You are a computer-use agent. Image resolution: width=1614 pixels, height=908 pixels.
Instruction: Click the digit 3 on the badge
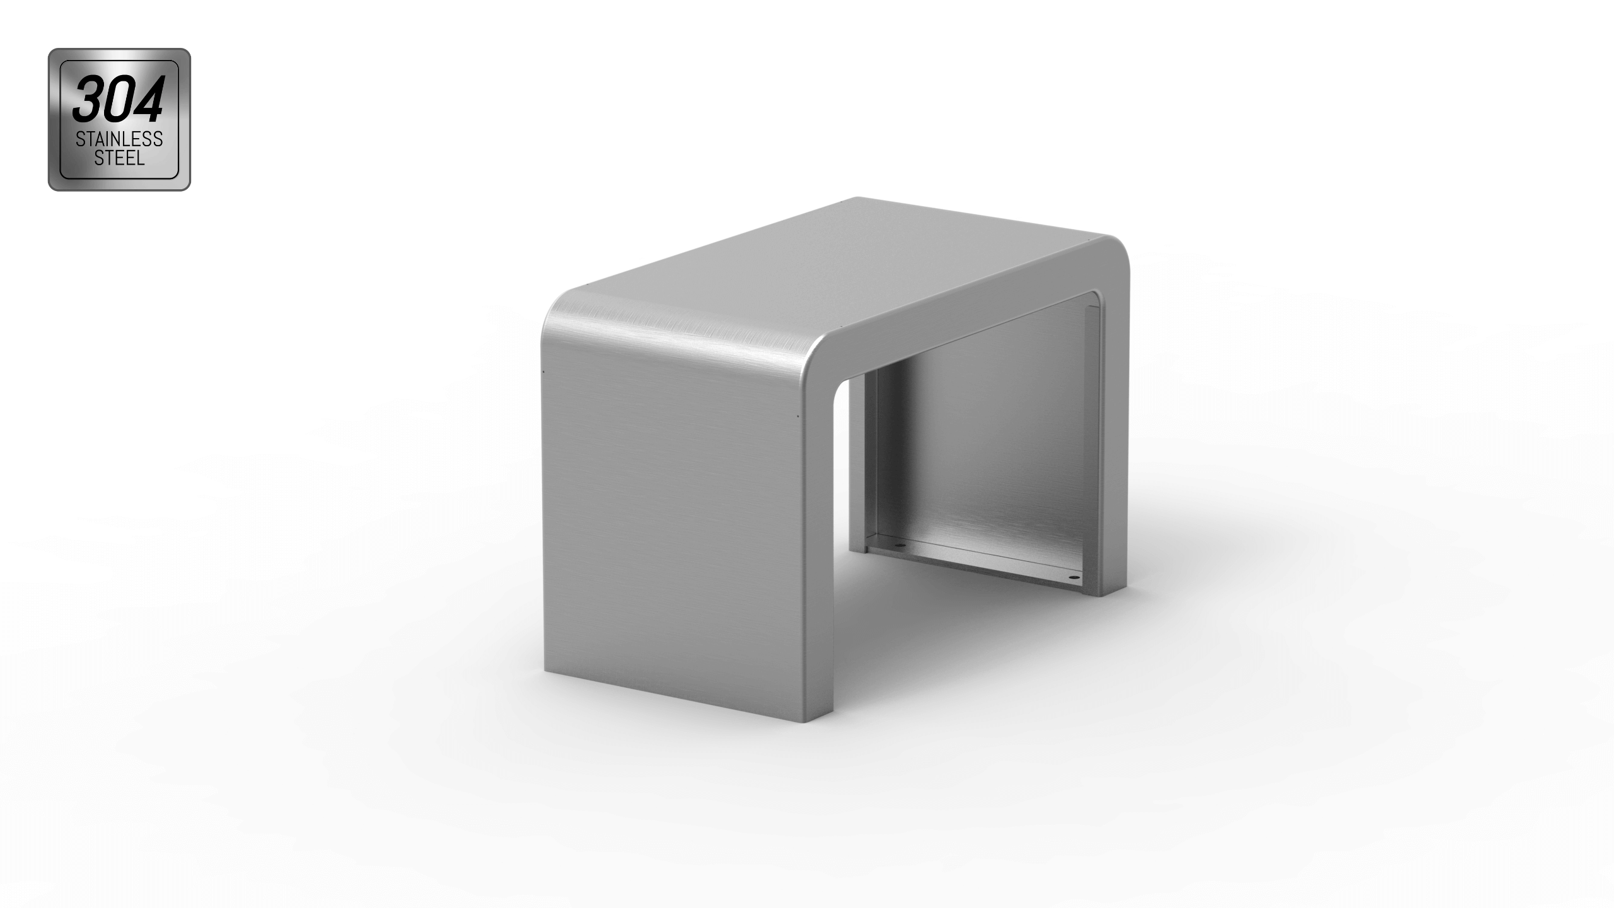[x=89, y=100]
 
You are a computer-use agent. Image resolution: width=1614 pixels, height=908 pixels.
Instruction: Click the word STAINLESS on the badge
[x=119, y=139]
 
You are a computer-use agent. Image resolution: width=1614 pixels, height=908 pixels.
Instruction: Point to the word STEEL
[x=119, y=158]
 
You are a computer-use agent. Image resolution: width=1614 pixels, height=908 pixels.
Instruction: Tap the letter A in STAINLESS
[x=100, y=139]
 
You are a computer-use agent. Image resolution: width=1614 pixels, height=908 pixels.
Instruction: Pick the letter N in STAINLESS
[x=117, y=139]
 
